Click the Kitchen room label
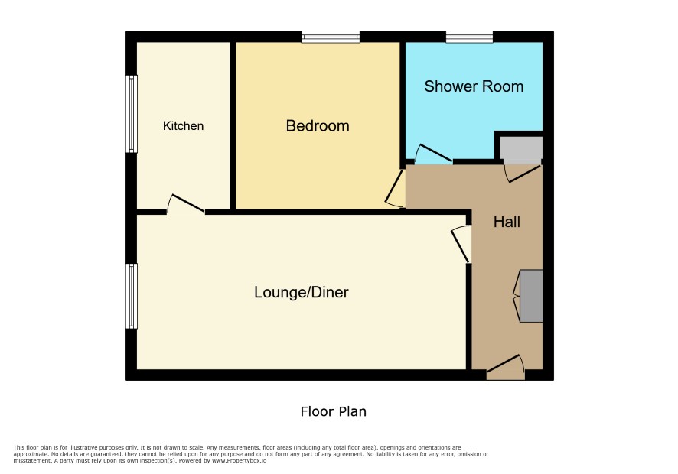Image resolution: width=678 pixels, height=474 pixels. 183,125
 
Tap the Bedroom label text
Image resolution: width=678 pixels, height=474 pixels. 318,125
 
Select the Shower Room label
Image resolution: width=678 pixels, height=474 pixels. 474,86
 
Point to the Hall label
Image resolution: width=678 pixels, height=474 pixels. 507,222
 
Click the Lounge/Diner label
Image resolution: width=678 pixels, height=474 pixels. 301,292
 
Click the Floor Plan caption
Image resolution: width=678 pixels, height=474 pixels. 334,411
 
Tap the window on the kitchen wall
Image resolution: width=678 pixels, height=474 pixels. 132,114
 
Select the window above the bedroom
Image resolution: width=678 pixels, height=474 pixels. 331,37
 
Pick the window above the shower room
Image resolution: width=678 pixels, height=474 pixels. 469,37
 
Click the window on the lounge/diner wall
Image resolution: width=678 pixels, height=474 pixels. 132,296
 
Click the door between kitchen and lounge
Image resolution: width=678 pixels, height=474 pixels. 186,204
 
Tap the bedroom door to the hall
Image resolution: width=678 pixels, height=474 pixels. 395,189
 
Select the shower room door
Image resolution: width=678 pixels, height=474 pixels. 433,154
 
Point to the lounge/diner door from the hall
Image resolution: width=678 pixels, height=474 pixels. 461,244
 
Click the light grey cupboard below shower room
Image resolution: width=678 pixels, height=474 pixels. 521,151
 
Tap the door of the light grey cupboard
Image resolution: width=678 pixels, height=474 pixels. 523,174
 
